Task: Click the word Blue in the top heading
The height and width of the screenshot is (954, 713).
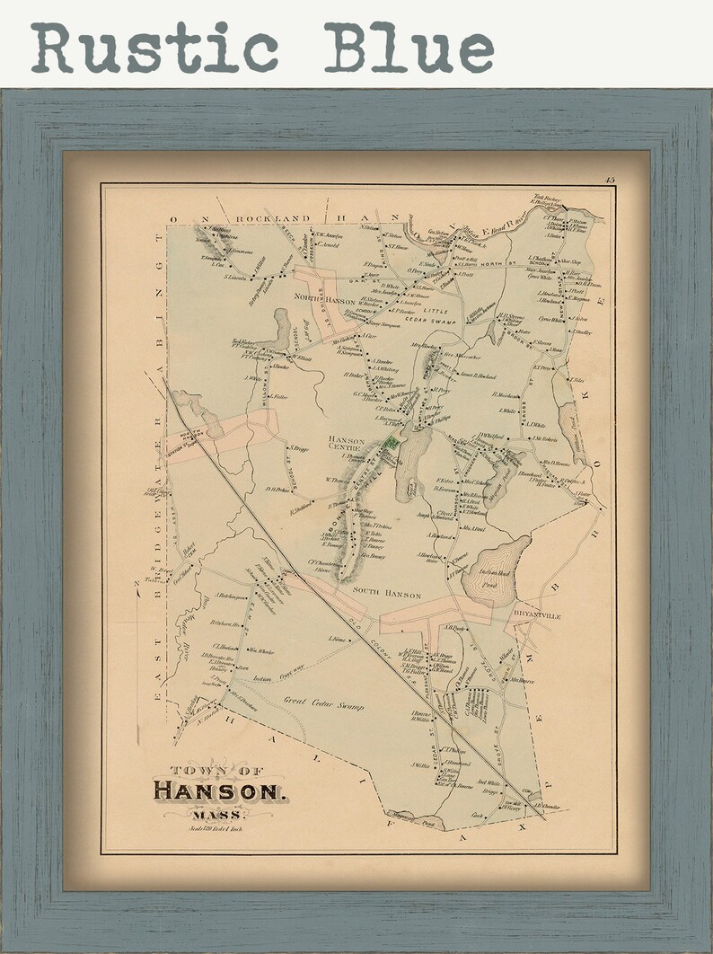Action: point(409,47)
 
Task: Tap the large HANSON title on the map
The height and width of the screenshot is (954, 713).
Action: point(219,791)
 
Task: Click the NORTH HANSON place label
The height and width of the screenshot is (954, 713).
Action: point(319,300)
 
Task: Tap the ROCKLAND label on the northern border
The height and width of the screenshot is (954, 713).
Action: point(273,218)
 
